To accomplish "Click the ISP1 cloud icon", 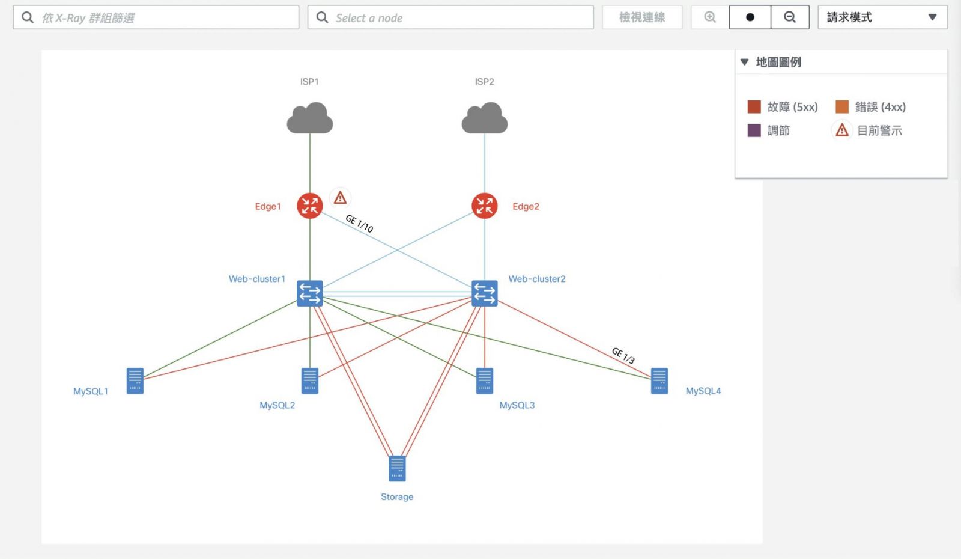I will coord(309,118).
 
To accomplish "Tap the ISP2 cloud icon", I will coord(484,118).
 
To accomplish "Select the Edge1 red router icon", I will coord(310,206).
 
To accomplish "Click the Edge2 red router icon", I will coord(484,206).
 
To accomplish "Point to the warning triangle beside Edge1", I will coord(340,197).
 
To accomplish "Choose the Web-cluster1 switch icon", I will coord(310,293).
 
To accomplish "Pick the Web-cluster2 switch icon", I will coord(484,293).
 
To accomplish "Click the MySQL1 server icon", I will coord(135,380).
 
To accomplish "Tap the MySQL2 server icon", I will coord(310,380).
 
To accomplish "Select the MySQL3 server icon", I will coord(484,380).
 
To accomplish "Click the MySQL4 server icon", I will coord(659,380).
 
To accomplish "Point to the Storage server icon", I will coord(397,469).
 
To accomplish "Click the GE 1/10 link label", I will coord(359,224).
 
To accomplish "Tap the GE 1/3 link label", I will coord(623,355).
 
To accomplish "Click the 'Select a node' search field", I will coord(450,17).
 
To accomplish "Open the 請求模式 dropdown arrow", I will coord(932,17).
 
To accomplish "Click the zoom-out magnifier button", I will coord(790,17).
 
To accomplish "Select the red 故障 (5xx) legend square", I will coord(754,107).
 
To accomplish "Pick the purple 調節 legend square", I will coord(754,130).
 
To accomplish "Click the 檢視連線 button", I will coord(642,17).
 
